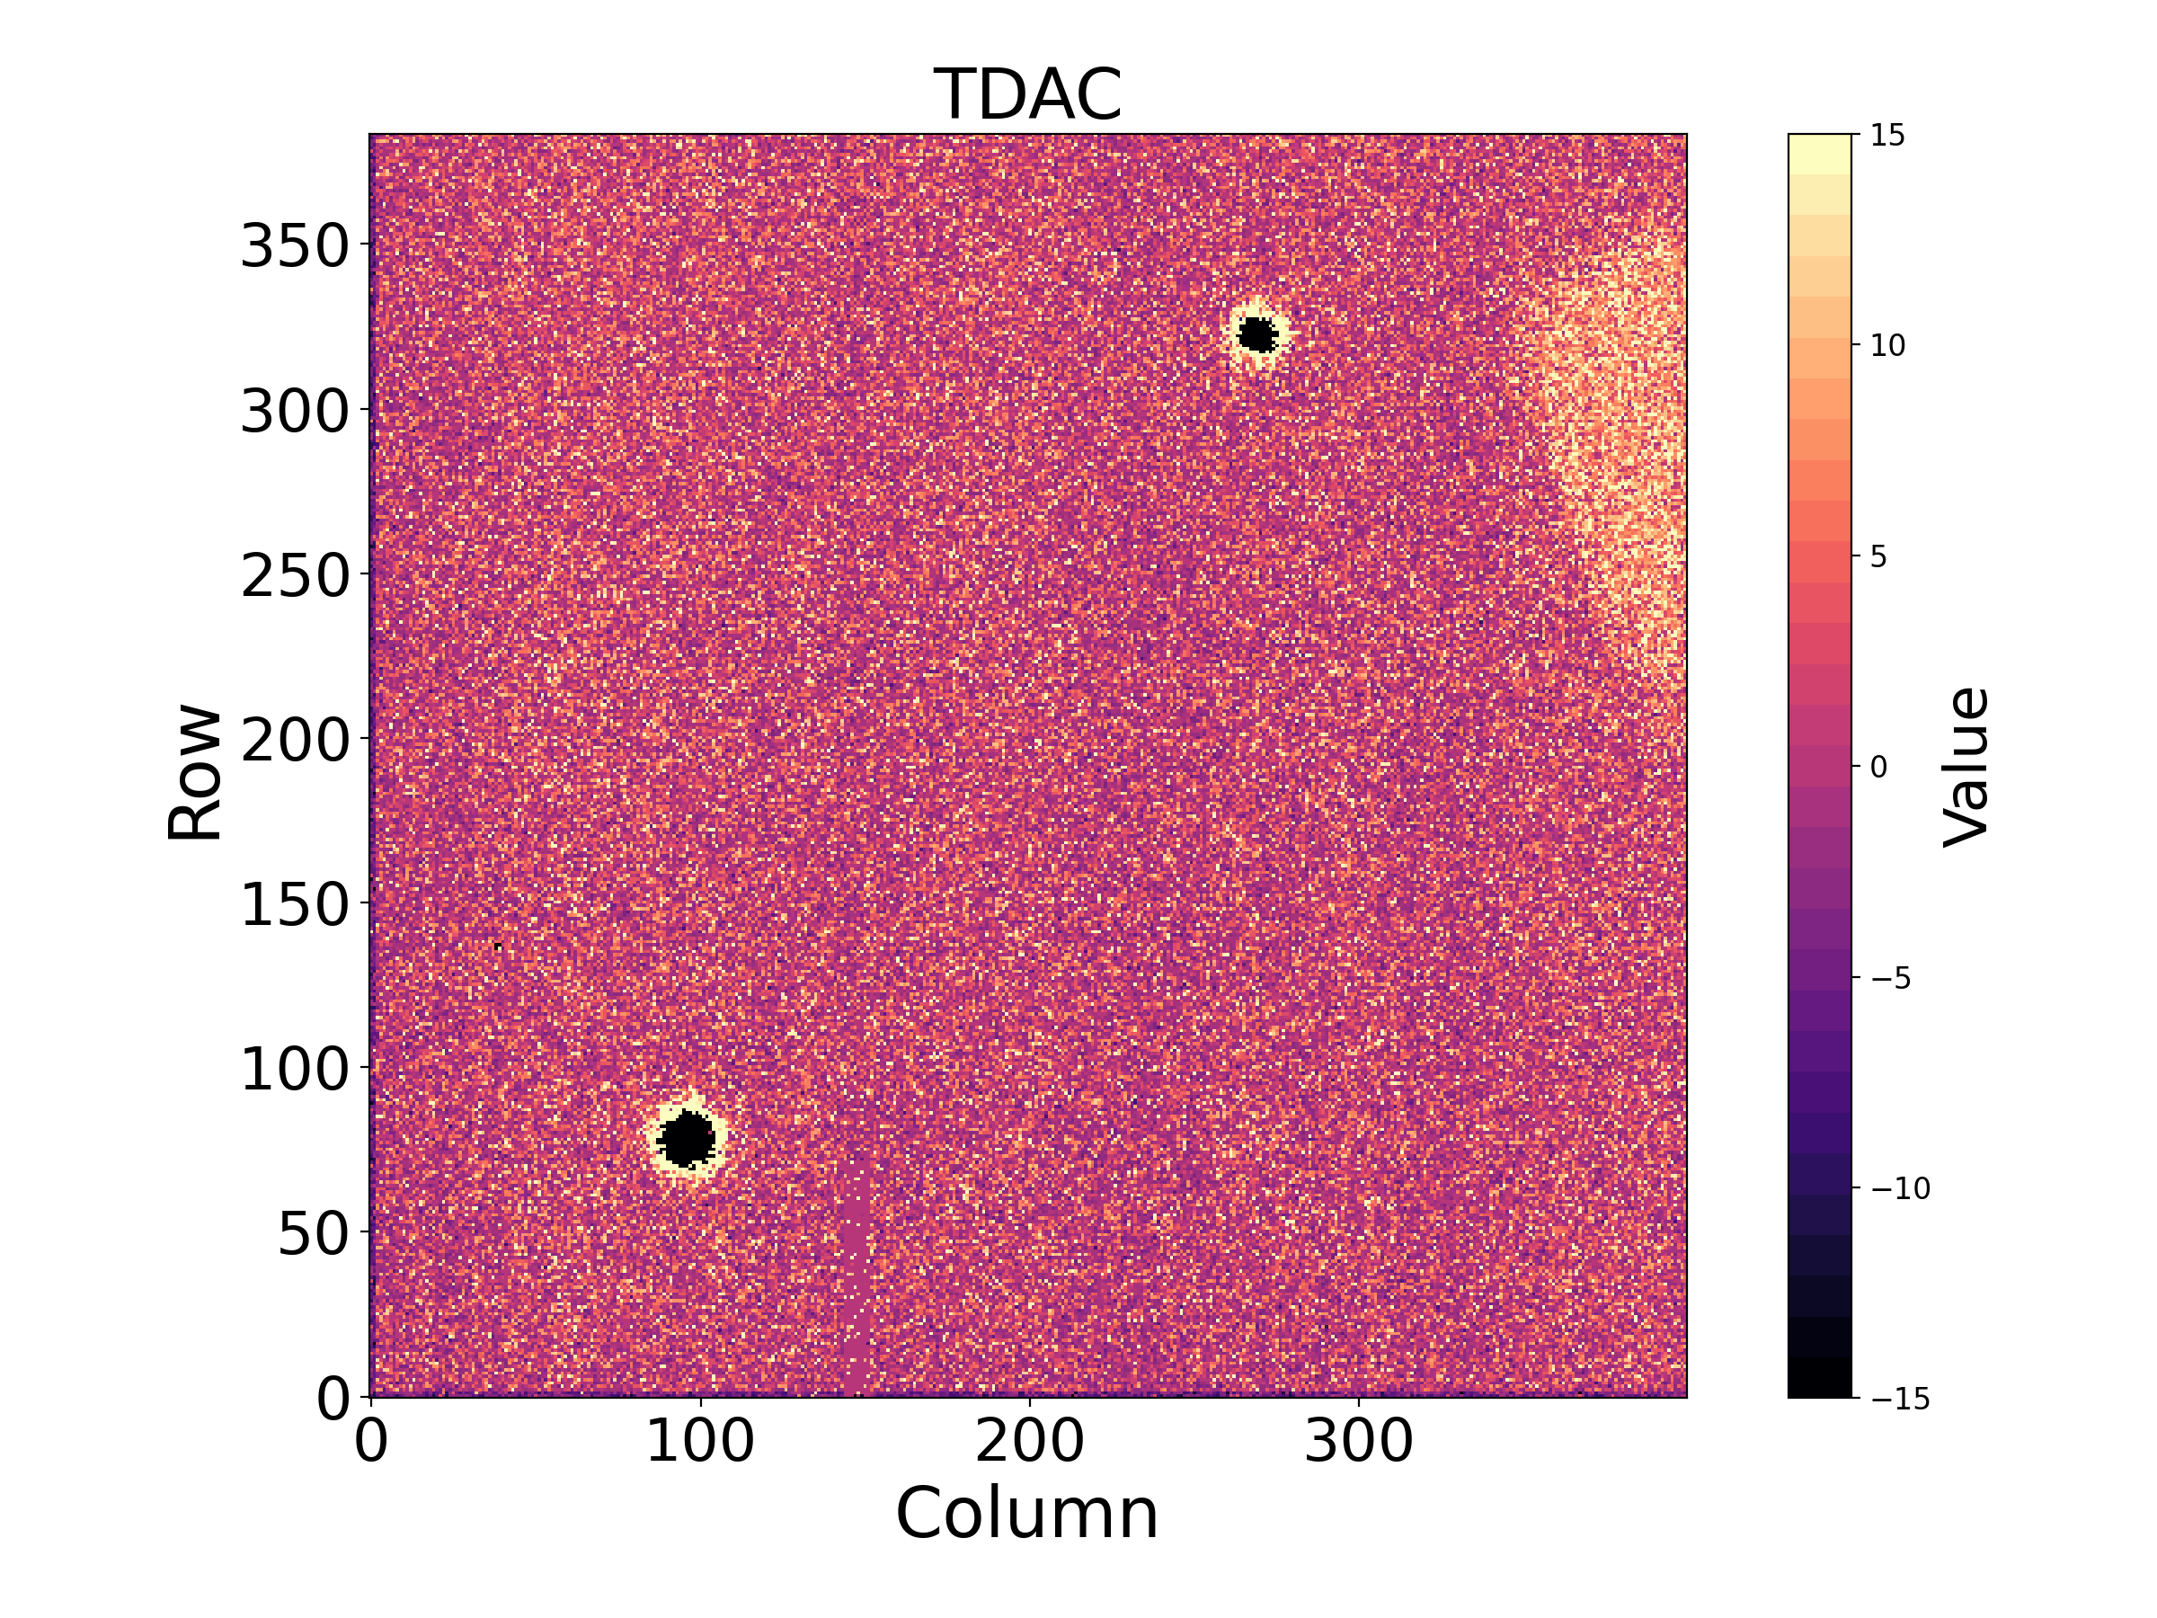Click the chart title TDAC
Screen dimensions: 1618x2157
(1028, 95)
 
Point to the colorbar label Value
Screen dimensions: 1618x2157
(1965, 767)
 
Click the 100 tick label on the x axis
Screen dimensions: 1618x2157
(700, 1442)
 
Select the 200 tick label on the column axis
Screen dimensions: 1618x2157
(1029, 1442)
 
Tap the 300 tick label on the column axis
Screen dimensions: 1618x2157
(1358, 1442)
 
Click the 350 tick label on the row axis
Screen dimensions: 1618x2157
(295, 245)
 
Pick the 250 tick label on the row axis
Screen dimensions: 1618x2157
(295, 575)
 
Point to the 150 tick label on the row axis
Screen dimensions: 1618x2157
(295, 905)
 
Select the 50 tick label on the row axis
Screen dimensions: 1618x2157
(313, 1235)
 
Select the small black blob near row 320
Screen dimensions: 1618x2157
(1258, 335)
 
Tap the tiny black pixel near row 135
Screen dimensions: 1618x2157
(498, 946)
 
